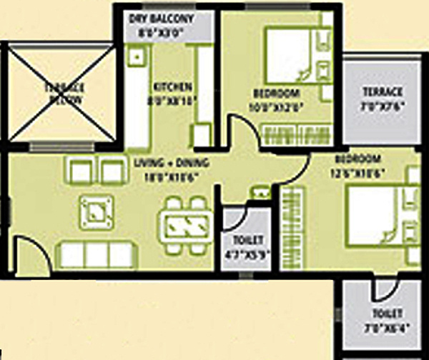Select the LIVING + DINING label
point(166,163)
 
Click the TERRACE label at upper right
point(382,91)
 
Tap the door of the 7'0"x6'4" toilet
point(384,289)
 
